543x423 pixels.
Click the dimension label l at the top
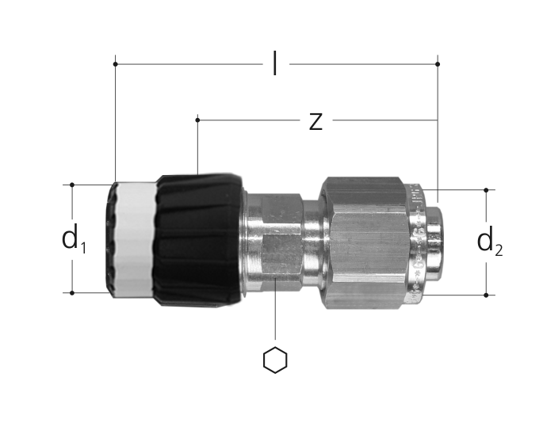pyautogui.click(x=274, y=63)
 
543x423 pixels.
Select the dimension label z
pyautogui.click(x=315, y=121)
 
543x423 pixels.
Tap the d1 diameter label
pyautogui.click(x=74, y=239)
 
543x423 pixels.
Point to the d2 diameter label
pyautogui.click(x=490, y=242)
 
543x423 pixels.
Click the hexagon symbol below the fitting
pyautogui.click(x=275, y=360)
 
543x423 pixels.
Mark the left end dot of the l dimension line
pyautogui.click(x=115, y=64)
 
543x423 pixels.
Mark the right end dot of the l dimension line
pyautogui.click(x=438, y=64)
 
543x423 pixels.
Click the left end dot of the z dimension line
pyautogui.click(x=197, y=120)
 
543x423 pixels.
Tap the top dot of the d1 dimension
pyautogui.click(x=72, y=185)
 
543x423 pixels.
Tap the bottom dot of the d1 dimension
pyautogui.click(x=72, y=293)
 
